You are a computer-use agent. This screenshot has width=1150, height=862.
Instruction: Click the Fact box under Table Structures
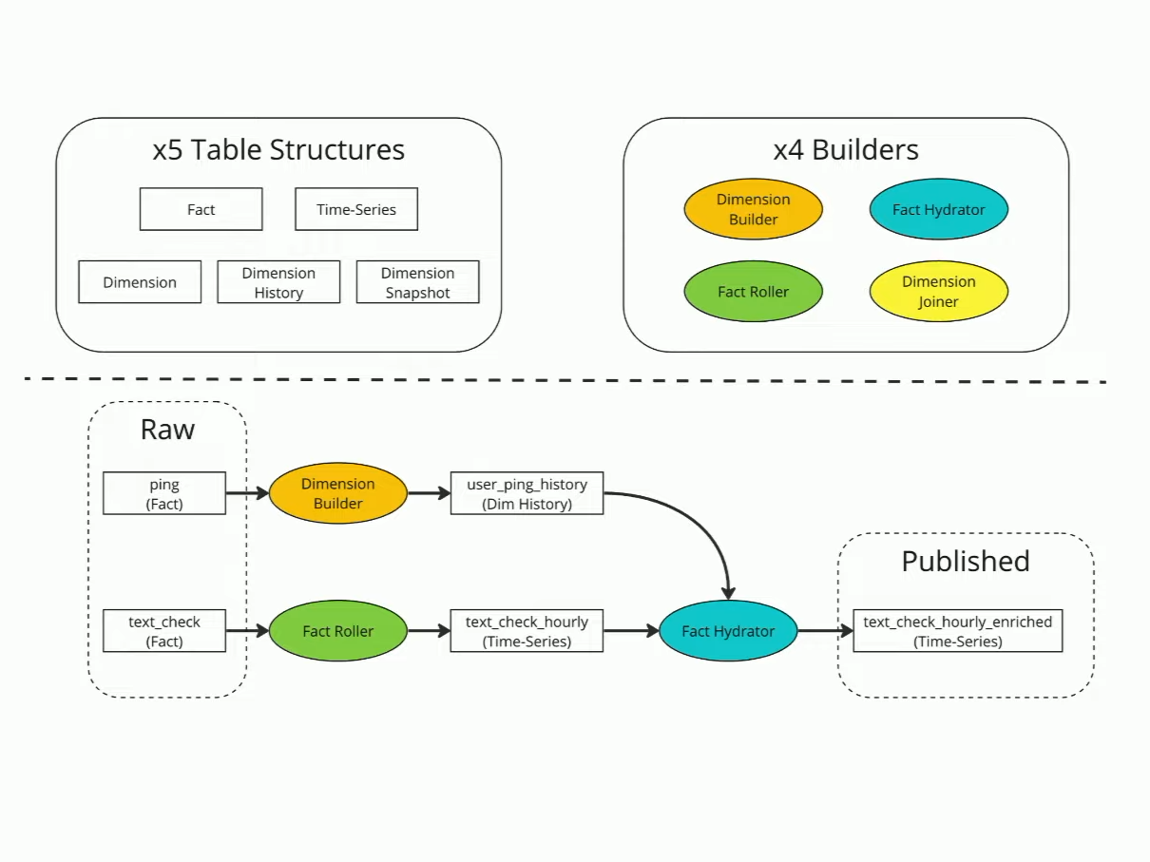[x=201, y=209]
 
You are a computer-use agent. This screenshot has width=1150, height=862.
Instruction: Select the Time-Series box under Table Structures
[x=356, y=209]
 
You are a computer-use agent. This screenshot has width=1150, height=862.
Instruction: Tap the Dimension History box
[x=278, y=282]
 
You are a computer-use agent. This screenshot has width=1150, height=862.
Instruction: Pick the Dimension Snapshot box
[x=417, y=282]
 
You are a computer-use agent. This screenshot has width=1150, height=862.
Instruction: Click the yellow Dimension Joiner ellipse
[x=938, y=291]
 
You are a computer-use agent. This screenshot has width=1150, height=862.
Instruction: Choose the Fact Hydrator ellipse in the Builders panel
[x=938, y=209]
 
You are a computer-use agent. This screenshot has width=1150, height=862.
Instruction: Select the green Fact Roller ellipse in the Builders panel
[x=753, y=291]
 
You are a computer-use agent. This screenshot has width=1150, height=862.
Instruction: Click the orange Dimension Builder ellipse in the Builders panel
[x=753, y=209]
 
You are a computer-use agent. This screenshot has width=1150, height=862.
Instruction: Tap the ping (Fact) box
[x=164, y=493]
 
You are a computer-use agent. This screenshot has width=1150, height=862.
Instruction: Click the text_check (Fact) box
[x=164, y=630]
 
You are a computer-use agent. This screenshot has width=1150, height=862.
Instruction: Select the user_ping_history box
[x=527, y=493]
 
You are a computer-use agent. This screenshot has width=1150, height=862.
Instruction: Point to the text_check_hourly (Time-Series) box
[x=527, y=630]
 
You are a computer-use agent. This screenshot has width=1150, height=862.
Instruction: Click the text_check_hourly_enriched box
[x=958, y=630]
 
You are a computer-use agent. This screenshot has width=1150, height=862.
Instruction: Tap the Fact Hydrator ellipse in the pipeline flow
[x=728, y=630]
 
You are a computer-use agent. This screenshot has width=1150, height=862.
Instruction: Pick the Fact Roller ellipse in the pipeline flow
[x=338, y=630]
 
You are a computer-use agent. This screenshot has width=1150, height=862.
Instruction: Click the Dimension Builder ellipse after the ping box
[x=338, y=493]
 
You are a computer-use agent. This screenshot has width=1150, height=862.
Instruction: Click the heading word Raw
[x=167, y=430]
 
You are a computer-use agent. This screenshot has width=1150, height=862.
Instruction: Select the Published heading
[x=966, y=561]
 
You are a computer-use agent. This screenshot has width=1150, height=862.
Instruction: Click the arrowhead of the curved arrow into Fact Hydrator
[x=728, y=594]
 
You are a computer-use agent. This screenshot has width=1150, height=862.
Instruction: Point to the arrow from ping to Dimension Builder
[x=247, y=493]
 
